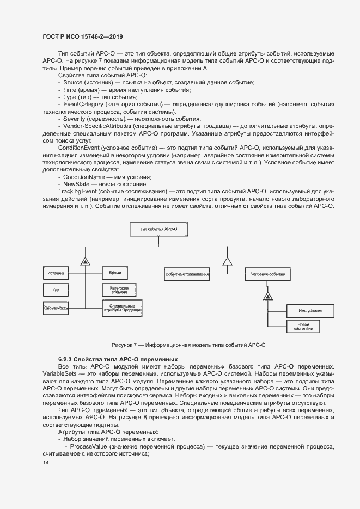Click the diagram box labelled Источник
coord(57,272)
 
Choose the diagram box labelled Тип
coord(57,290)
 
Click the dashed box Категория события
coord(119,290)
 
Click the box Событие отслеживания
coord(187,274)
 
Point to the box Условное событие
coord(267,274)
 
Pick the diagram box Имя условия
coord(303,311)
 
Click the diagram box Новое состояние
coord(303,326)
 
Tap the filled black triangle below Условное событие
coord(267,296)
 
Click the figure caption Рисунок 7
coord(188,345)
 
